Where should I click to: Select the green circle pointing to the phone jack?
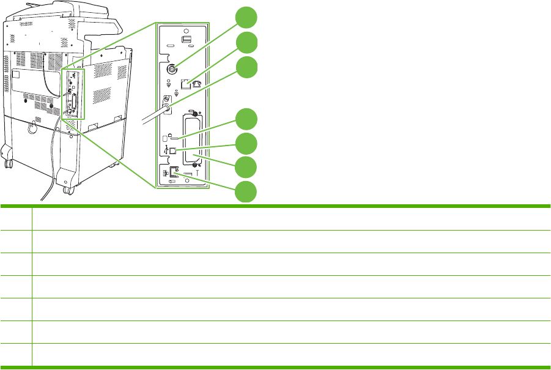[x=246, y=43]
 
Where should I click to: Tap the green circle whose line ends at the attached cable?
[x=246, y=67]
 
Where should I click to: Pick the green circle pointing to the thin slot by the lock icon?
[x=246, y=119]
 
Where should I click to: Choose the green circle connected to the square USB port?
[x=246, y=142]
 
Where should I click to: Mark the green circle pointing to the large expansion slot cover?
[x=246, y=166]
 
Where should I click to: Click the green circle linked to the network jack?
[x=246, y=191]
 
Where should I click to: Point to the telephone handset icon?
[x=198, y=85]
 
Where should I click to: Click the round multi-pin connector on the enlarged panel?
[x=172, y=69]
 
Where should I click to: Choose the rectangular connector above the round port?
[x=186, y=40]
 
